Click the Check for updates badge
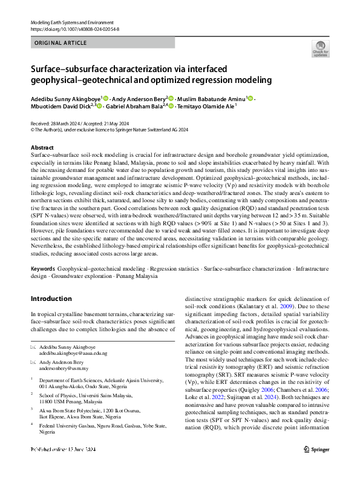click(320, 49)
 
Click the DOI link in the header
click(72, 29)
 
